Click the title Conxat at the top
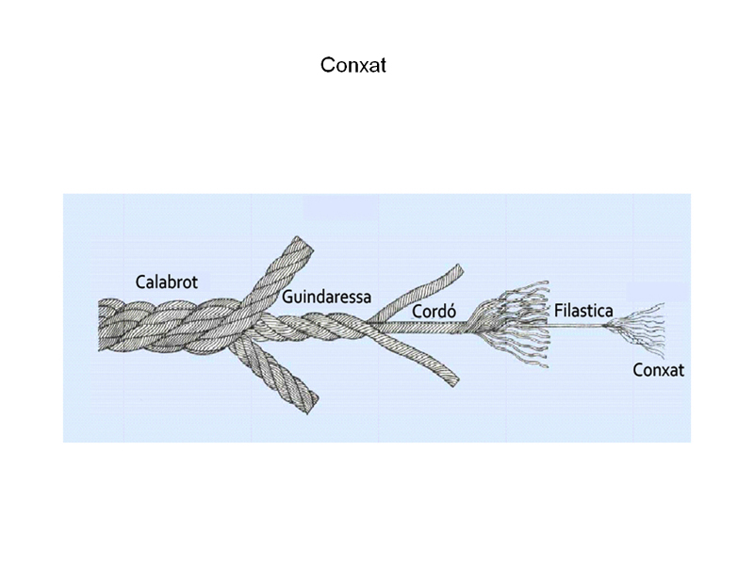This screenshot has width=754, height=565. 353,65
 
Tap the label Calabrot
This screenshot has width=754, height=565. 167,282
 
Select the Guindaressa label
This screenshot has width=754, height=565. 326,297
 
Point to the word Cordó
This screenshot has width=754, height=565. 434,312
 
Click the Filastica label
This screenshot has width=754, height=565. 583,311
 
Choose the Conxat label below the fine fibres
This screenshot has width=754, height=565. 658,370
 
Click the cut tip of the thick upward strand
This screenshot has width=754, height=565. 302,244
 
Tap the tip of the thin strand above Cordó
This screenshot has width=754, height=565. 460,268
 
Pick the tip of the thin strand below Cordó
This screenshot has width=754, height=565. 455,381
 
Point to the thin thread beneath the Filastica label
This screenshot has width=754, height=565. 577,326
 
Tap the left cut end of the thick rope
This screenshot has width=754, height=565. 100,326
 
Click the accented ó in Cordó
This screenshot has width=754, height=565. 451,312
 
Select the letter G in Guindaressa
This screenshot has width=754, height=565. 287,297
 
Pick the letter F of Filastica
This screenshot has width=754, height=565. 559,311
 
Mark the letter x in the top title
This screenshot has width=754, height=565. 363,67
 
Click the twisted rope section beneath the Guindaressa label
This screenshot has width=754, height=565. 313,324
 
